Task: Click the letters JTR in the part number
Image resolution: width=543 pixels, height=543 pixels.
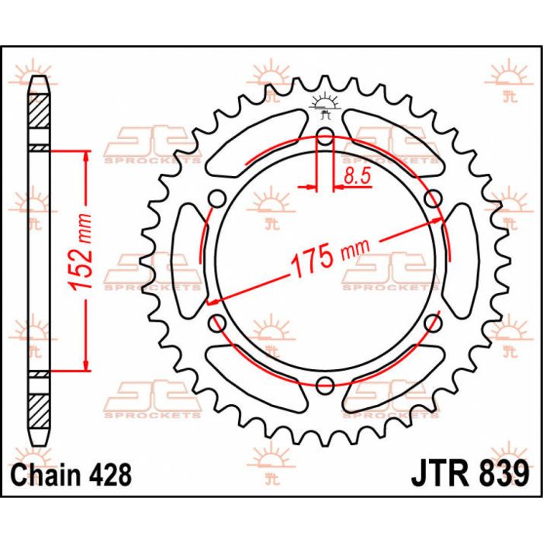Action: tap(438, 473)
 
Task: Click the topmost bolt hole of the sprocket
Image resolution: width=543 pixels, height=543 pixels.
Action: tap(325, 138)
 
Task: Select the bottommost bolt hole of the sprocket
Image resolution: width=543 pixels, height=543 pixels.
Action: tap(325, 382)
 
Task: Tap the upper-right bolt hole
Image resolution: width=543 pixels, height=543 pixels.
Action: tap(432, 199)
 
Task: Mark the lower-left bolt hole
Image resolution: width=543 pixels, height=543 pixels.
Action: tap(219, 321)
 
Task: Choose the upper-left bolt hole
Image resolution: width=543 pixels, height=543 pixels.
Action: tap(219, 199)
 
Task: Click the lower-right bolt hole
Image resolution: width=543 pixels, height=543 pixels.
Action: tap(432, 321)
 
